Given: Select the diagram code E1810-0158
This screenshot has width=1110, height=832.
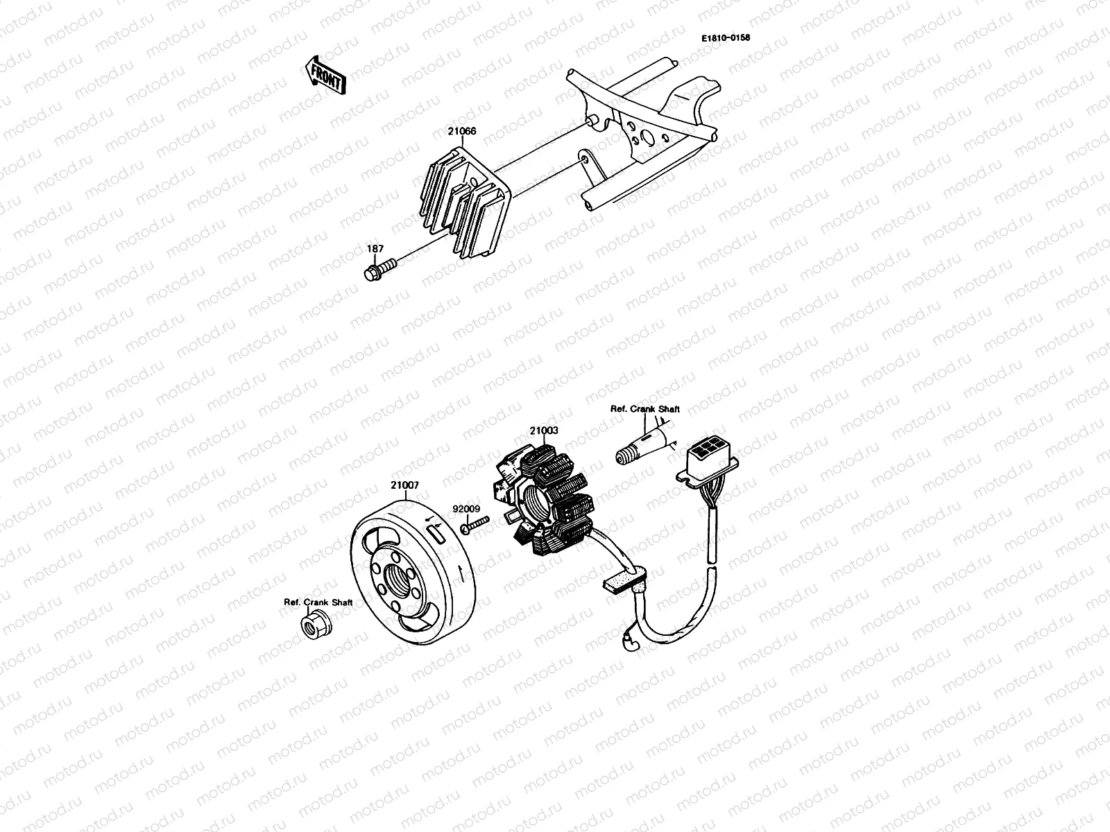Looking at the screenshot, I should tap(725, 37).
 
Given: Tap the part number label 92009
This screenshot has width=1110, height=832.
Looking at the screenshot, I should tap(466, 508).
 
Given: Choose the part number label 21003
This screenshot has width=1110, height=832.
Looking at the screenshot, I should tap(544, 431).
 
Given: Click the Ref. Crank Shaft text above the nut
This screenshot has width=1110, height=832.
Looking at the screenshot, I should tap(318, 602).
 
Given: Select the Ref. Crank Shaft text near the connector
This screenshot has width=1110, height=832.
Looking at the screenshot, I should tap(644, 409).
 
